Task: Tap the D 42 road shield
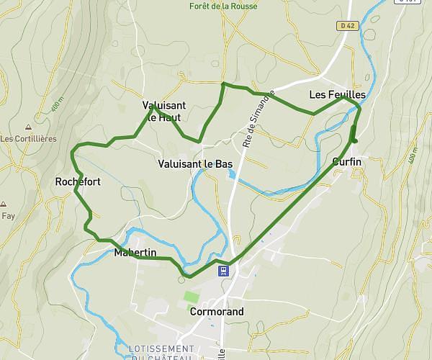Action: click(x=346, y=26)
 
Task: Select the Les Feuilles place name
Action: click(x=337, y=95)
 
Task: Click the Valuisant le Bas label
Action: click(x=194, y=164)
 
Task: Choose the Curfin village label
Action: click(x=347, y=162)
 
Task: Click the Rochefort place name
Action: click(x=78, y=182)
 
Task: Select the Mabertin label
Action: click(x=135, y=252)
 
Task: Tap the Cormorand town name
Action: click(x=217, y=312)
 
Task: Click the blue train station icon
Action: click(x=224, y=271)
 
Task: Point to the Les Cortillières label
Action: click(x=28, y=139)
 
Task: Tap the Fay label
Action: click(x=8, y=215)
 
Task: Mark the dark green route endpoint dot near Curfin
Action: click(x=354, y=140)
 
